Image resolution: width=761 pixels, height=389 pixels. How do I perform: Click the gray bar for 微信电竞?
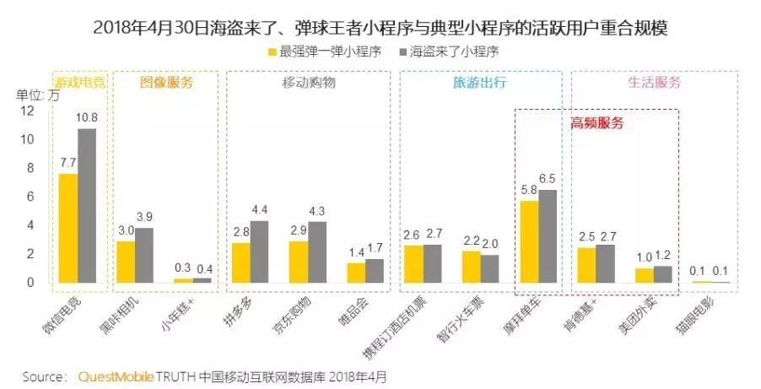point(87,206)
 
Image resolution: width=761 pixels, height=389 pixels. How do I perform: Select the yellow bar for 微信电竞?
point(68,228)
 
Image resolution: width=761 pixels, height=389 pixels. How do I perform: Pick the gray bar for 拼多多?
point(260,251)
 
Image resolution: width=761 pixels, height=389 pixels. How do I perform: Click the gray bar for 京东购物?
point(316,252)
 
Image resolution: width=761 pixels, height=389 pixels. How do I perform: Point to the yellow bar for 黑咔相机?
point(126,262)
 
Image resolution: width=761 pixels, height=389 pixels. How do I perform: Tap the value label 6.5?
point(548,178)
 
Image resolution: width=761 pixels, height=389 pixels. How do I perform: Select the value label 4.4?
point(260,209)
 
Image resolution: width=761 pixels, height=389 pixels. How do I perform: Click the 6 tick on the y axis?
point(30,197)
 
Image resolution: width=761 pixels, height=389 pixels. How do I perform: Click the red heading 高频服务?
point(596,122)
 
